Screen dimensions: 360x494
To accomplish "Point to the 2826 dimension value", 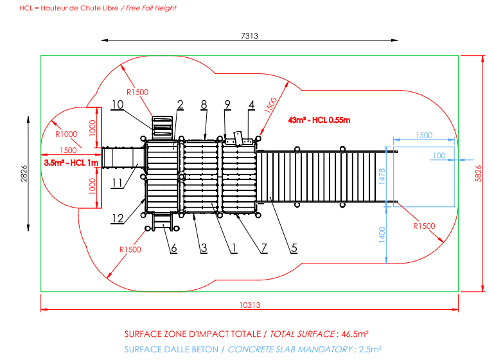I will (x=24, y=172).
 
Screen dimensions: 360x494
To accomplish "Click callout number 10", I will (x=117, y=104).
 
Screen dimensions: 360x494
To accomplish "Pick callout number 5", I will (x=294, y=248).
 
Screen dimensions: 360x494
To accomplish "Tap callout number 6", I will (x=173, y=248).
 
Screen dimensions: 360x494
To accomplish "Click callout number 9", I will (x=227, y=104).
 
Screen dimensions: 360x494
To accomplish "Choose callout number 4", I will (x=252, y=104).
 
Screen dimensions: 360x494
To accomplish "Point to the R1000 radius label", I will (x=66, y=134).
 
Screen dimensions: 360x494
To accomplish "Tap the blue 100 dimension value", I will (x=439, y=156).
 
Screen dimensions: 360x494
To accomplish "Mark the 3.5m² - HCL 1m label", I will (x=71, y=163).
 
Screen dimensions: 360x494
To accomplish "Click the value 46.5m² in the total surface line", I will (x=355, y=334).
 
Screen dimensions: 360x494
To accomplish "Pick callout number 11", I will (x=117, y=183).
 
